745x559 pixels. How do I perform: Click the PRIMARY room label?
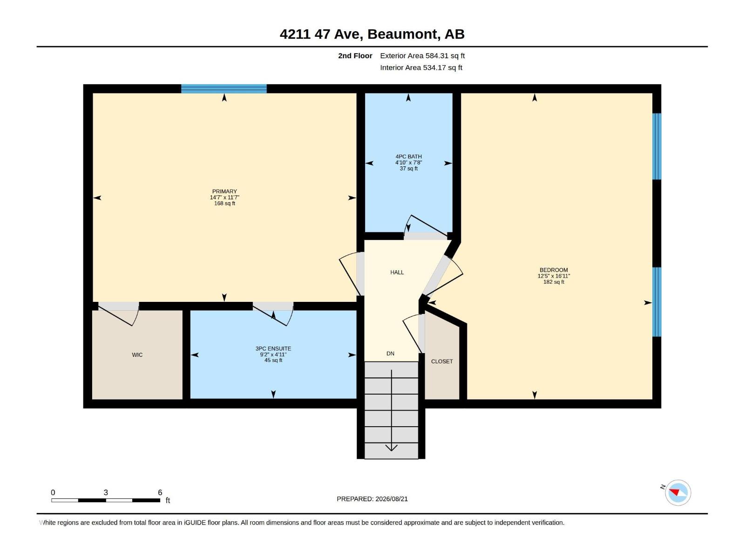[x=224, y=191]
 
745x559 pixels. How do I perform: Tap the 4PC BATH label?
[x=408, y=157]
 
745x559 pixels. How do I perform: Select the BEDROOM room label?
[x=554, y=270]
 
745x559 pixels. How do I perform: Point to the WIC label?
[x=137, y=354]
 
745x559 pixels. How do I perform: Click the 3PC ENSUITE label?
[x=273, y=348]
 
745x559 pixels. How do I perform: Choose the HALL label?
[x=397, y=272]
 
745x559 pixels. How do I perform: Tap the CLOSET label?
[x=442, y=361]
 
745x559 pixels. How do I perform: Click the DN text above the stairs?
[x=390, y=353]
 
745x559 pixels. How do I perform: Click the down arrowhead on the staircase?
[x=391, y=448]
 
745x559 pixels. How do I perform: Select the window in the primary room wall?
[x=224, y=89]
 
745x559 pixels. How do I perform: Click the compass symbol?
[x=678, y=492]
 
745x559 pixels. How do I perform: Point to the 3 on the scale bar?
[x=106, y=492]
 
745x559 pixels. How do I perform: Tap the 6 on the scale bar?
[x=160, y=492]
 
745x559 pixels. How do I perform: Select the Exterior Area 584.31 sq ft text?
[x=422, y=55]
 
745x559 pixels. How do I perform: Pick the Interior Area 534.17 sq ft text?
[x=421, y=68]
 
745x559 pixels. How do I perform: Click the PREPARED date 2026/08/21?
[x=391, y=499]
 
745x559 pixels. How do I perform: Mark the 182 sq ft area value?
[x=554, y=282]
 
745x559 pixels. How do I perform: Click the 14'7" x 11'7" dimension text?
[x=224, y=198]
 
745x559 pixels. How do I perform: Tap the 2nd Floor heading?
[x=355, y=55]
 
